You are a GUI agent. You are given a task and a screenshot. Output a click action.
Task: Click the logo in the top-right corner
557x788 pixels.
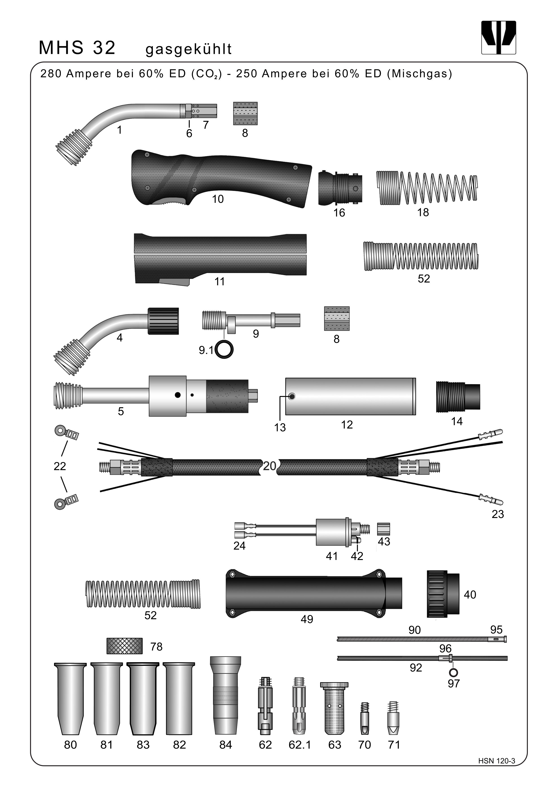(x=498, y=38)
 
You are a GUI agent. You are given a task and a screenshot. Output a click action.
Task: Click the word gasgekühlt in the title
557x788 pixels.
(x=189, y=49)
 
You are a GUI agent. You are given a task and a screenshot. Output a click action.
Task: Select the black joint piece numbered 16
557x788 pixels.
(x=339, y=188)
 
